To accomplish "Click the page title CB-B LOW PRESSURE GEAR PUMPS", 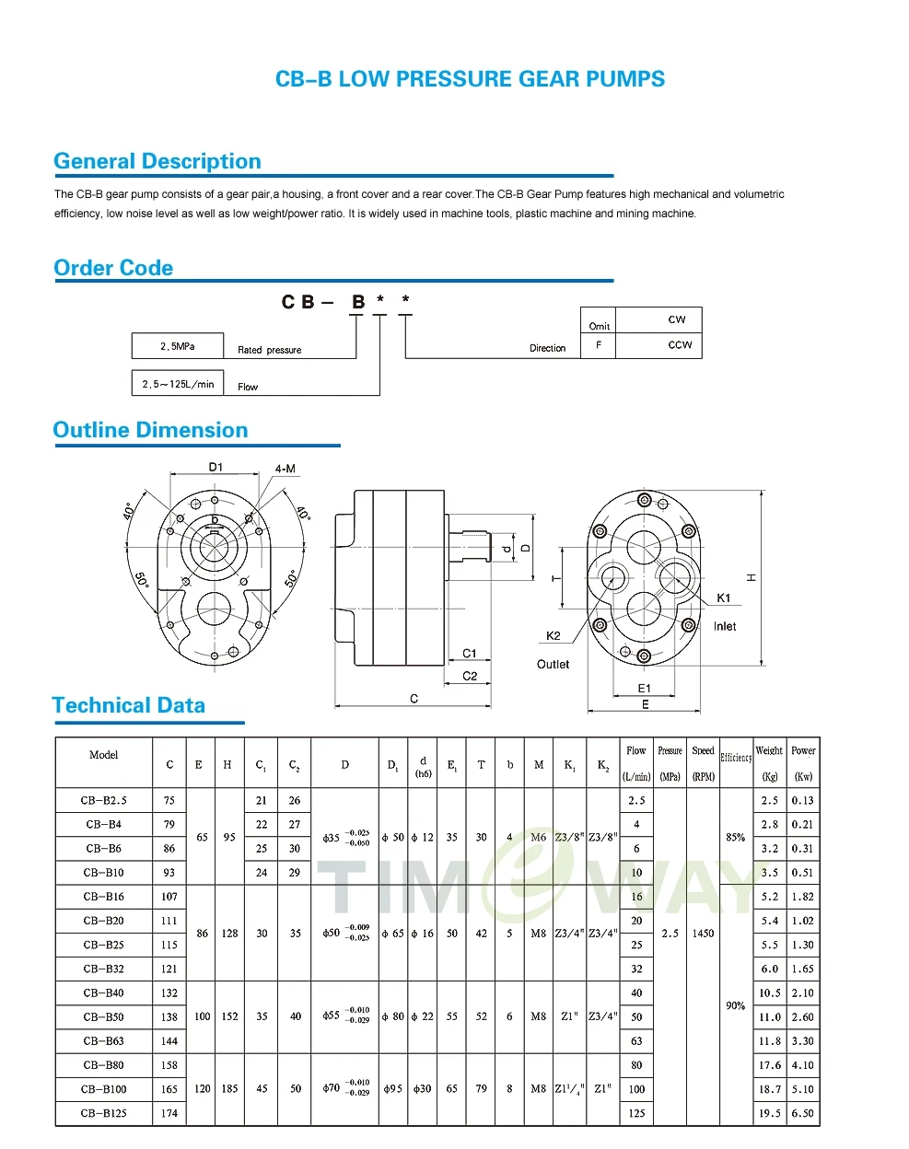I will pyautogui.click(x=470, y=79).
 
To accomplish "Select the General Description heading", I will pyautogui.click(x=157, y=161).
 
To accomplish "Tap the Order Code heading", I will pyautogui.click(x=113, y=268).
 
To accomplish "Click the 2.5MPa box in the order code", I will pyautogui.click(x=178, y=346).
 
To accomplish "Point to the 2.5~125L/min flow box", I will pyautogui.click(x=178, y=384).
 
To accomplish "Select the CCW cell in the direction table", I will pyautogui.click(x=680, y=344).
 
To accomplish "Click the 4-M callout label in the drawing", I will pyautogui.click(x=286, y=469).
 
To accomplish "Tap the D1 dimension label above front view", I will pyautogui.click(x=216, y=467).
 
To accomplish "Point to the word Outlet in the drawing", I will pyautogui.click(x=553, y=664).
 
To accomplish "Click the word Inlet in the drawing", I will pyautogui.click(x=725, y=626).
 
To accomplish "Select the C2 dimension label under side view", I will pyautogui.click(x=470, y=676).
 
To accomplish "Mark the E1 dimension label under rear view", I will pyautogui.click(x=645, y=688).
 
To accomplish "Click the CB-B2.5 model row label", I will pyautogui.click(x=104, y=800).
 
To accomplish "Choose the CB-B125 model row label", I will pyautogui.click(x=104, y=1113).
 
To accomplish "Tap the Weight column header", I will pyautogui.click(x=769, y=750).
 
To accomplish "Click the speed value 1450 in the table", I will pyautogui.click(x=703, y=934).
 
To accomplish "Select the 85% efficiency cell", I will pyautogui.click(x=735, y=837).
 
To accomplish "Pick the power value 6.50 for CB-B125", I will pyautogui.click(x=803, y=1113).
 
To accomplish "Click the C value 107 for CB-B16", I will pyautogui.click(x=169, y=897).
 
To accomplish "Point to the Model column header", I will pyautogui.click(x=104, y=755).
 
